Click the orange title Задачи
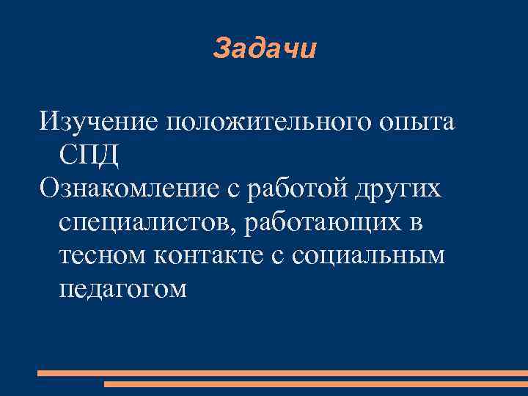click(x=264, y=49)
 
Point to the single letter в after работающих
click(x=417, y=222)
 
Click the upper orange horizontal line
click(x=282, y=373)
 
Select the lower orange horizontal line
click(x=315, y=384)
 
